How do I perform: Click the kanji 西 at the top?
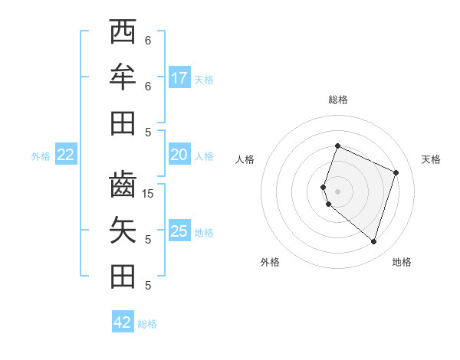(123, 32)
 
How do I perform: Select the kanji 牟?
(123, 77)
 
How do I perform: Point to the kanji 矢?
(123, 231)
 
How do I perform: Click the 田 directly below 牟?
(123, 123)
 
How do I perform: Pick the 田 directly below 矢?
(123, 276)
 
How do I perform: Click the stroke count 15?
(149, 194)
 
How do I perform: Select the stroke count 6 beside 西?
(148, 41)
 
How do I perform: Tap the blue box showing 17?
(179, 78)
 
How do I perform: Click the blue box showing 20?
(179, 155)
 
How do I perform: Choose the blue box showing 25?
(179, 231)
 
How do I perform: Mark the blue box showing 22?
(66, 155)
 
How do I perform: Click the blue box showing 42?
(123, 322)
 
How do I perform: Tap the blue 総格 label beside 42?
(147, 324)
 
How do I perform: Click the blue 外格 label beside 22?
(41, 156)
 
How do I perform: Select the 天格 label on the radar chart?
(431, 159)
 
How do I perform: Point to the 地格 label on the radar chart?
(402, 262)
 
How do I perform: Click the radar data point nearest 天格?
(396, 172)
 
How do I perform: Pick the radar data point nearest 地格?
(373, 242)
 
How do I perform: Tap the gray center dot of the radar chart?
(337, 191)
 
